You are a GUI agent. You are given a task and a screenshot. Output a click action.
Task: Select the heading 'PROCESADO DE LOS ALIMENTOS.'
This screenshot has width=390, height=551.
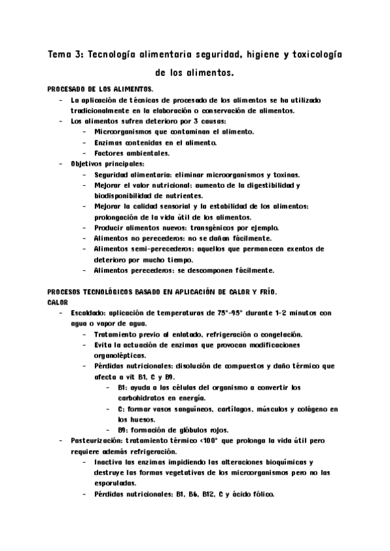tap(101, 88)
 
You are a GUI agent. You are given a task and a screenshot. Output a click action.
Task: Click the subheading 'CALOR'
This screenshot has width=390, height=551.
tap(58, 301)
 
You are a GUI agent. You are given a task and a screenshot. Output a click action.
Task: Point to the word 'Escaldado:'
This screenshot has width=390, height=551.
tap(90, 313)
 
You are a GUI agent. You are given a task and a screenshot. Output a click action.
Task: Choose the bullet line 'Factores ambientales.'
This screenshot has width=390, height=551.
tap(123, 153)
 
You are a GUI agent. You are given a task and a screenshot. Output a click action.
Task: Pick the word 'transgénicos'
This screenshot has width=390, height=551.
tap(197, 227)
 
